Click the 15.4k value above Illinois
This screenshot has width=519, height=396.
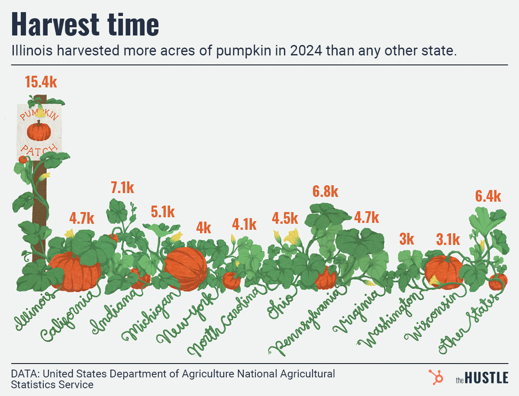point(41,82)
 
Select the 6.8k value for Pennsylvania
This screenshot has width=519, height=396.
point(325,192)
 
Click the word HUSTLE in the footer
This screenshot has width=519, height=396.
point(487,378)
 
